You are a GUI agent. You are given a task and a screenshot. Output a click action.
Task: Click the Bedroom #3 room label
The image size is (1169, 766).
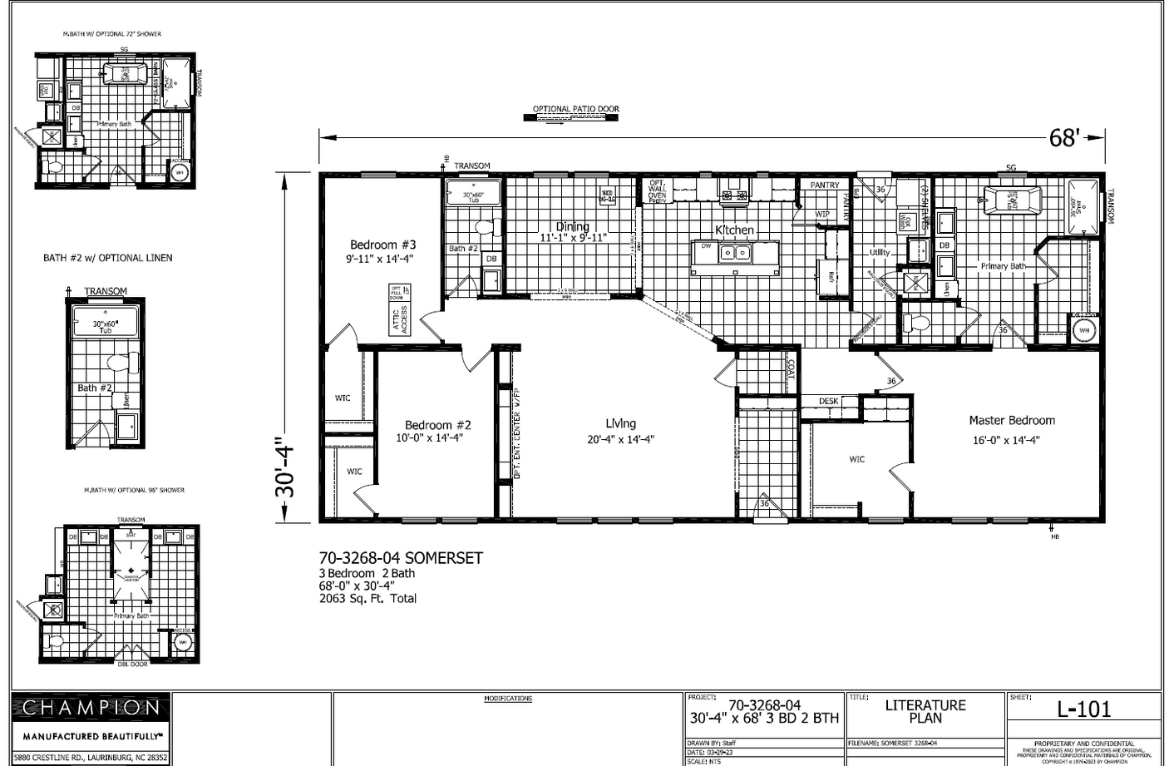[382, 245]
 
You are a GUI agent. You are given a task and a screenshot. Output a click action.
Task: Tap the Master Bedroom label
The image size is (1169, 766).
[1011, 421]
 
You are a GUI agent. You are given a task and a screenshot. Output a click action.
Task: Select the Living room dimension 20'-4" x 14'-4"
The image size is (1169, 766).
[620, 440]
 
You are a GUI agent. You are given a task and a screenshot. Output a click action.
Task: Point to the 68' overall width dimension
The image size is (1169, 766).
[1063, 137]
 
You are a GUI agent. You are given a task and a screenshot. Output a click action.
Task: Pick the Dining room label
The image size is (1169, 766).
[572, 226]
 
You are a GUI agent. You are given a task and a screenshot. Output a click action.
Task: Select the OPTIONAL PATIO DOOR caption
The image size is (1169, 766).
[575, 109]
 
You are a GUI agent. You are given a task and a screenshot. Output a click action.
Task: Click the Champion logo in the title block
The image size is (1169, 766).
[91, 709]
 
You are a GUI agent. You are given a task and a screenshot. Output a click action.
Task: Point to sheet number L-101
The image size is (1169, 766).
[1083, 709]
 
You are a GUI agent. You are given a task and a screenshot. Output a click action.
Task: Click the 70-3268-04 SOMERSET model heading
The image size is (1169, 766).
[401, 558]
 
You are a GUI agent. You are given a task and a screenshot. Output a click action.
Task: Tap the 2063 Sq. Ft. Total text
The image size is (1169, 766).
[367, 598]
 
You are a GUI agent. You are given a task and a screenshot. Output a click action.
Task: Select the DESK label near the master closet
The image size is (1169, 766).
[828, 401]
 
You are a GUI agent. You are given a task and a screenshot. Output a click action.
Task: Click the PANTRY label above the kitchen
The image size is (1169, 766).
[824, 185]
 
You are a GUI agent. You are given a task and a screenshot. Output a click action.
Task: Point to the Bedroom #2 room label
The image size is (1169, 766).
[437, 425]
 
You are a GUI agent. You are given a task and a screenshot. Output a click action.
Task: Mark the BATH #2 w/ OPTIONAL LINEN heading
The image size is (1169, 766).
[108, 258]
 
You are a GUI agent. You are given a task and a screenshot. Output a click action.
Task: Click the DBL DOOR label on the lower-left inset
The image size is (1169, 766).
[132, 664]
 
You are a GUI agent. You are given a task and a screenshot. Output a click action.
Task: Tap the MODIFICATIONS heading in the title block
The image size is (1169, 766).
[508, 699]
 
